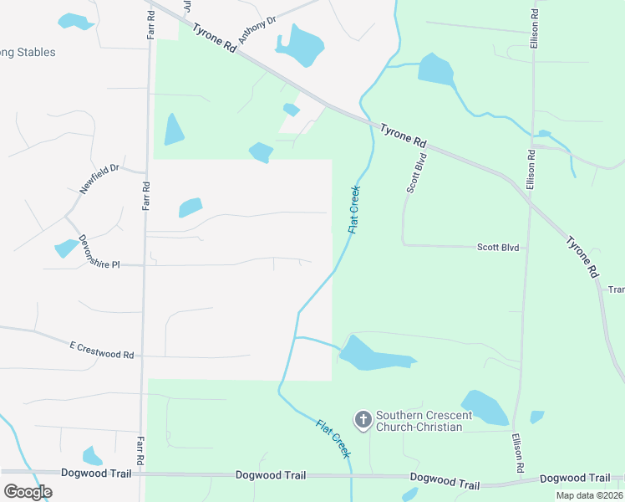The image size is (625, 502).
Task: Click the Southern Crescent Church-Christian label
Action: pyautogui.click(x=419, y=421)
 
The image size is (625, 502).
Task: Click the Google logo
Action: pyautogui.click(x=28, y=491)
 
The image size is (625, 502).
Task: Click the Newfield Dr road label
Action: pyautogui.click(x=100, y=179)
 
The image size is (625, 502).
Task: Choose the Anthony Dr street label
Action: pyautogui.click(x=257, y=31)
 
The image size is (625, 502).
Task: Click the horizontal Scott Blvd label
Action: pyautogui.click(x=498, y=248)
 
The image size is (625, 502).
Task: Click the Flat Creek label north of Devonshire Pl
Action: pyautogui.click(x=353, y=208)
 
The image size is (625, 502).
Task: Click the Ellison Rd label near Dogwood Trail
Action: pyautogui.click(x=518, y=451)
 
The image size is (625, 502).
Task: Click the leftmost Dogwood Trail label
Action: pyautogui.click(x=97, y=474)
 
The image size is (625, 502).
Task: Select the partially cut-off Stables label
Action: pyautogui.click(x=28, y=52)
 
